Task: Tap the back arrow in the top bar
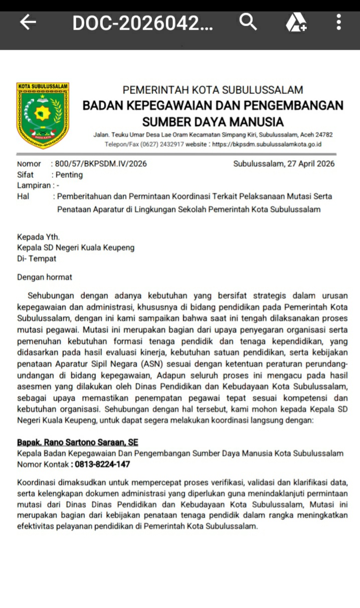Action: pyautogui.click(x=28, y=22)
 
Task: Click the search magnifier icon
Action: pyautogui.click(x=248, y=22)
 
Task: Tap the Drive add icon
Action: pyautogui.click(x=296, y=23)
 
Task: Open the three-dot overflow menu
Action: pyautogui.click(x=339, y=22)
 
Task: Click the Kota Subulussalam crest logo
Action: pyautogui.click(x=43, y=116)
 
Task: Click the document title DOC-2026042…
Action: pyautogui.click(x=142, y=23)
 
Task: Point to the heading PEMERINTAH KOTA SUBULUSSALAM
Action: pyautogui.click(x=213, y=90)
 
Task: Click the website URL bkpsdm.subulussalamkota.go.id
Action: pyautogui.click(x=267, y=144)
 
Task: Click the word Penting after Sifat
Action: pyautogui.click(x=69, y=175)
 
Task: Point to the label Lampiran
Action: pyautogui.click(x=34, y=186)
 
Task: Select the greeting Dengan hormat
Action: pyautogui.click(x=45, y=277)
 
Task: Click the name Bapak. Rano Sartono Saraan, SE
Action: pyautogui.click(x=77, y=442)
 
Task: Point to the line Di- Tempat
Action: pyautogui.click(x=37, y=259)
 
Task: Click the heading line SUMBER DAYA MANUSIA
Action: pyautogui.click(x=213, y=121)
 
